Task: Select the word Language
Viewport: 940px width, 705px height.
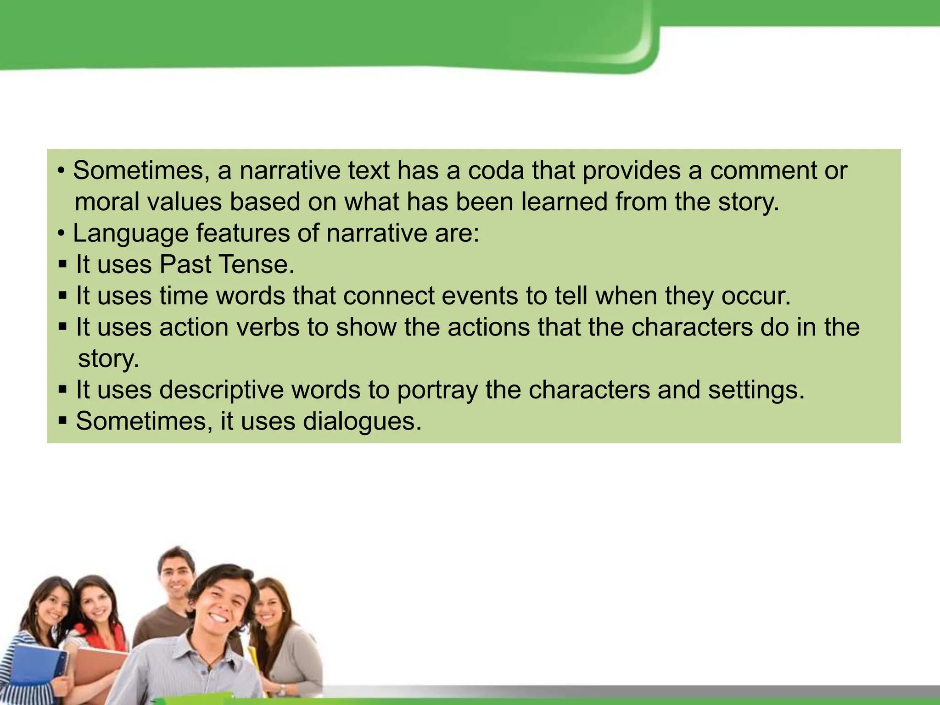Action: pos(130,233)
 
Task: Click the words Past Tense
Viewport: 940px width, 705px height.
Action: pos(226,264)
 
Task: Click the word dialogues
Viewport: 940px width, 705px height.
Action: pos(362,421)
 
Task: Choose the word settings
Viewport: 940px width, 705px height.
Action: pos(755,390)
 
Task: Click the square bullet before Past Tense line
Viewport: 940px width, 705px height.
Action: pos(63,265)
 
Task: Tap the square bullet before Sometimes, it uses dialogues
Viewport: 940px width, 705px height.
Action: pos(63,421)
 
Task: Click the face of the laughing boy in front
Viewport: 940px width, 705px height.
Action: pos(223,606)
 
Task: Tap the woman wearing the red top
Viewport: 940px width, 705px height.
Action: pos(99,615)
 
